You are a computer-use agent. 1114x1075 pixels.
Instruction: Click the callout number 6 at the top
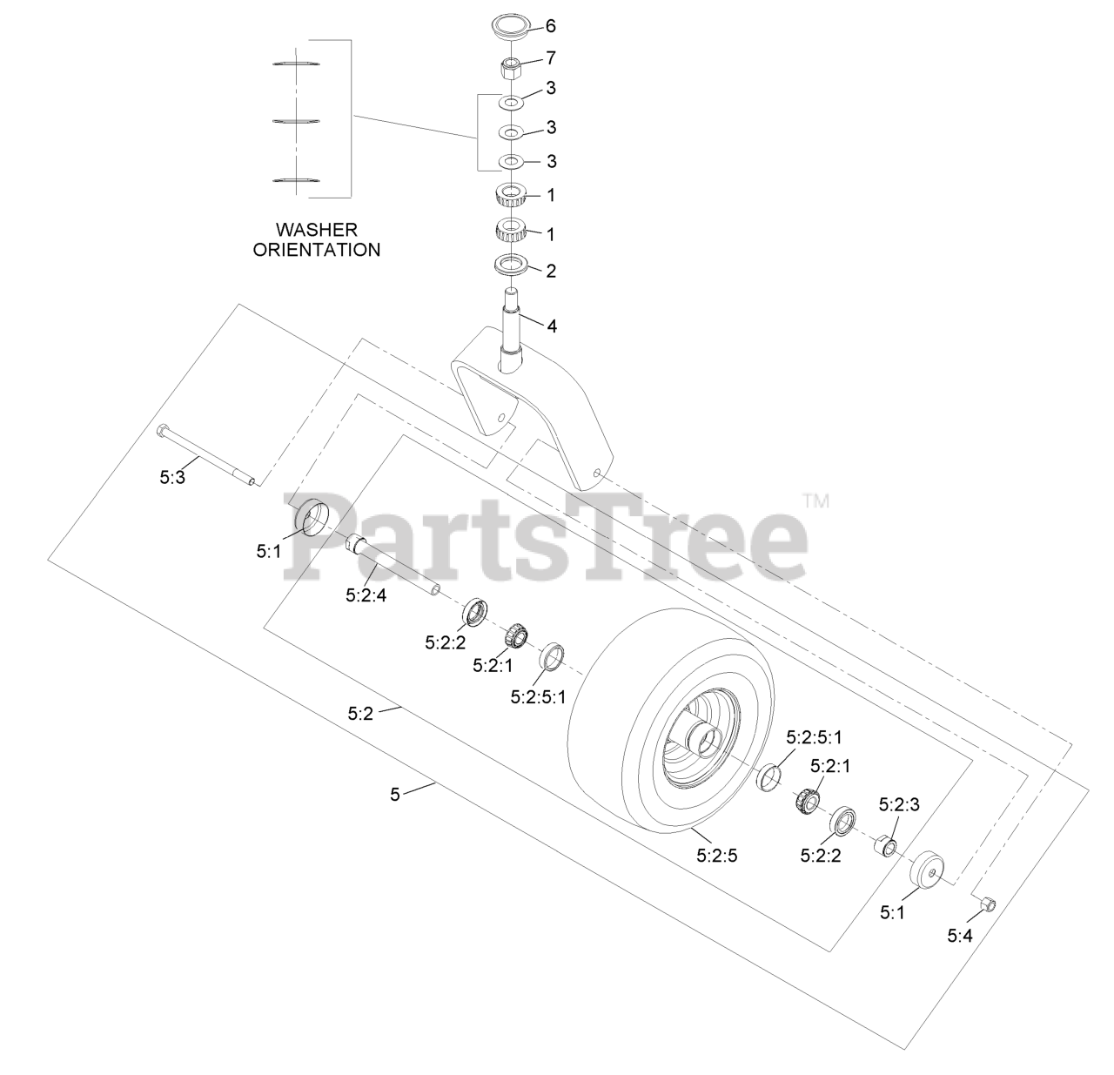[550, 26]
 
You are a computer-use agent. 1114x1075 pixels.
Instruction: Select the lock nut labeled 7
[512, 65]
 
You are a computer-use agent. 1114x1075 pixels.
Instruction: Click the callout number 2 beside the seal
[550, 271]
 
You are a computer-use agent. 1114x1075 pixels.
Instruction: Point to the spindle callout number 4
[551, 326]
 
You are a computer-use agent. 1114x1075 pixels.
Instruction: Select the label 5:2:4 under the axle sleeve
[366, 596]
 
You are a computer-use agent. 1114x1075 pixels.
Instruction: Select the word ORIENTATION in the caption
[316, 250]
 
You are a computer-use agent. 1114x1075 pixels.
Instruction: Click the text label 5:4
[963, 935]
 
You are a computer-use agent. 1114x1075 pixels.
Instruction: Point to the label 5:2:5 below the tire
[716, 855]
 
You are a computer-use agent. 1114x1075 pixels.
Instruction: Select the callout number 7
[550, 58]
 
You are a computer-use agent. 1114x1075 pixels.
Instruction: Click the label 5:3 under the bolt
[172, 477]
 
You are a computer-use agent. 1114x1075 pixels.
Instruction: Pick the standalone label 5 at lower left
[395, 794]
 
